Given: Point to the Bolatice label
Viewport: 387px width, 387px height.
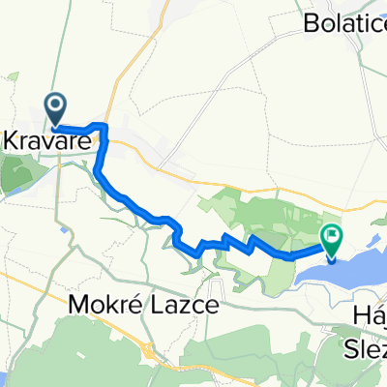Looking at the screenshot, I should coord(342,19).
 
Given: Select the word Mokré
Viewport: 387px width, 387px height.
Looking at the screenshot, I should coord(105,305).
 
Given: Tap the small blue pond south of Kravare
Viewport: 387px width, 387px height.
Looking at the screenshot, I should coord(64,230).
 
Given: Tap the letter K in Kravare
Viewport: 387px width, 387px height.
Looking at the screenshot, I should coord(14,141).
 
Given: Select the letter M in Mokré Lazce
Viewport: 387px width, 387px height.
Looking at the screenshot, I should coord(81,305).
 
